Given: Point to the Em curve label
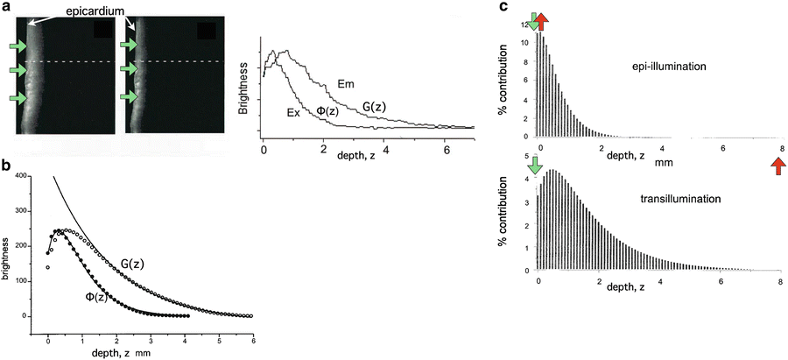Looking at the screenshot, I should (344, 85).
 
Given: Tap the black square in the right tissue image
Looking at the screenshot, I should (207, 31).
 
